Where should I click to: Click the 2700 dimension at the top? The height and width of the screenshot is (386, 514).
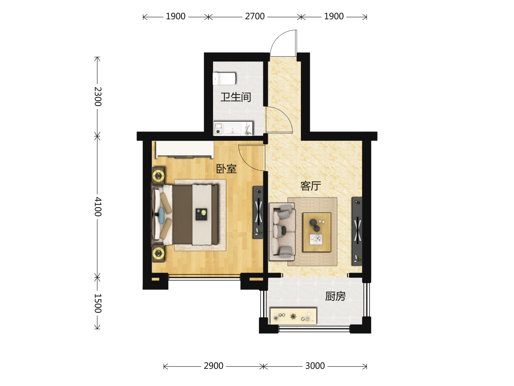[255, 16]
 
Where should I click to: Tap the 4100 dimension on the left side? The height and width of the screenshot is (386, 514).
[98, 207]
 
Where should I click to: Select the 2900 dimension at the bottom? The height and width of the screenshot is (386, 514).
[213, 366]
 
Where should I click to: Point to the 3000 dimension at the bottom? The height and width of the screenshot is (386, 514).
[315, 366]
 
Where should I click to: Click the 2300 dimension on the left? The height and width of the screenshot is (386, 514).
[98, 96]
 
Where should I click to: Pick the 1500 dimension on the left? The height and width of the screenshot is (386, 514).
[98, 303]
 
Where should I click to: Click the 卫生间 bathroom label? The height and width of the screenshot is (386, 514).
[236, 97]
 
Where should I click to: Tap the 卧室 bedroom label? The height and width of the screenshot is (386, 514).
[226, 169]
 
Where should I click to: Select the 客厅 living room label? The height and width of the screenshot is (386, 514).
[311, 186]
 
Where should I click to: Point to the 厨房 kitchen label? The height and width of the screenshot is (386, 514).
[335, 297]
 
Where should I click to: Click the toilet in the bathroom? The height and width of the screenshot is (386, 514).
[224, 79]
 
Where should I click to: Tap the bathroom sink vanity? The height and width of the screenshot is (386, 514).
[233, 128]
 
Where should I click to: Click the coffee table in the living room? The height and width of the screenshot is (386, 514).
[317, 232]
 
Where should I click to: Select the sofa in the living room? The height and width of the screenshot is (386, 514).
[282, 232]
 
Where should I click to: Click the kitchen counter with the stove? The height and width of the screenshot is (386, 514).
[293, 316]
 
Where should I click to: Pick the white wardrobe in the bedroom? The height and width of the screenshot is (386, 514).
[185, 149]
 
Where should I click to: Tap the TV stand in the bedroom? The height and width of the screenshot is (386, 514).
[258, 212]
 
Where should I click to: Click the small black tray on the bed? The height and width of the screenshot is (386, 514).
[201, 214]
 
